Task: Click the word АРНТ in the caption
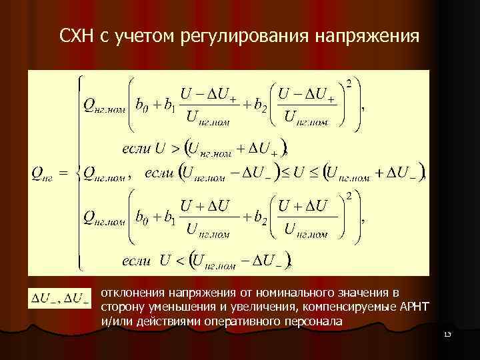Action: [x=414, y=307]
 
